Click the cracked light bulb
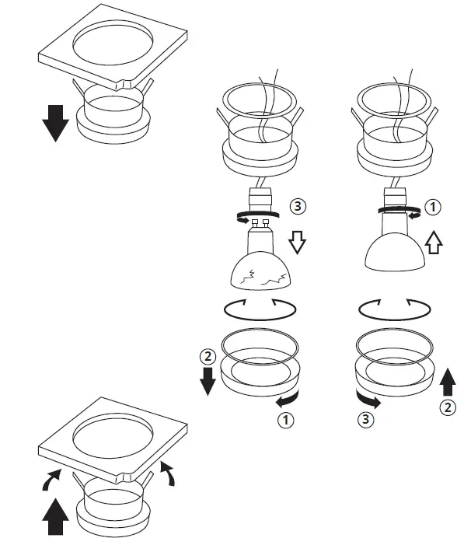260,268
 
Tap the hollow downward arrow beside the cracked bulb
297,244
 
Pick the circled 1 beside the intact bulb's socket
434,207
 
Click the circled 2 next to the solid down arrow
208,358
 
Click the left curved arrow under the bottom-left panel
51,481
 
